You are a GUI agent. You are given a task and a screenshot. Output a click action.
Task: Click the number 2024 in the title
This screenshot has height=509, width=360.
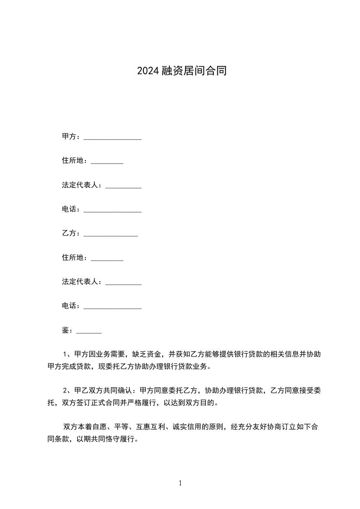(148, 71)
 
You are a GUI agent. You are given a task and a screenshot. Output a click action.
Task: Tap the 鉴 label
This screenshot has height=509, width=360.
(65, 330)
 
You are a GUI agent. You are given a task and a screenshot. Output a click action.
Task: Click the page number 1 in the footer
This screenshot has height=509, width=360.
(180, 483)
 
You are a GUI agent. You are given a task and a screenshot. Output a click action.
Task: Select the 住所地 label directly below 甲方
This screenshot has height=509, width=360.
(73, 161)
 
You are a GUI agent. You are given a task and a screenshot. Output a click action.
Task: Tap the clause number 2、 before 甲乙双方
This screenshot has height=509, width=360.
(68, 390)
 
